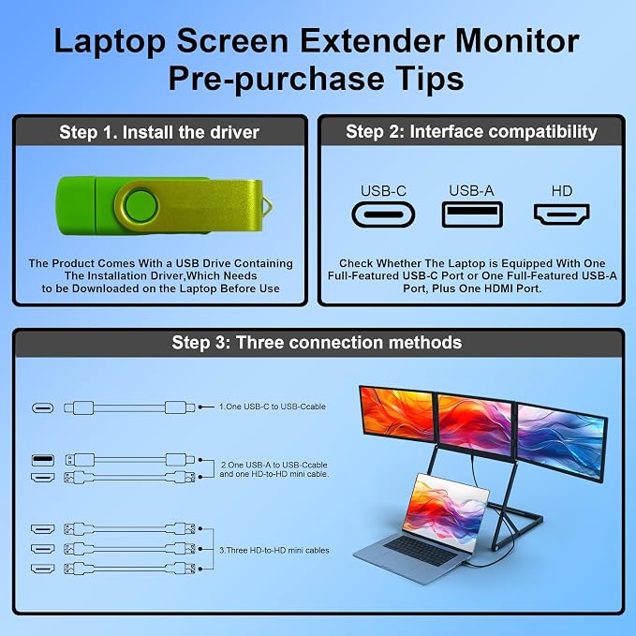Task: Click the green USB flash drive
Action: [162, 206]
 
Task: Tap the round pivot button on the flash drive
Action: [141, 206]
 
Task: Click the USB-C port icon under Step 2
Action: [383, 214]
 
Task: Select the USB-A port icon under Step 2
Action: [472, 214]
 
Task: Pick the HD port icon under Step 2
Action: [562, 214]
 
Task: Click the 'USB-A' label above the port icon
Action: [471, 191]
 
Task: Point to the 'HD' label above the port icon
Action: [562, 191]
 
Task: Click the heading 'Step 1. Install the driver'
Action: [159, 132]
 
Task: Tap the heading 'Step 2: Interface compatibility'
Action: [471, 132]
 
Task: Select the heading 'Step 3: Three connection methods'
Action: [317, 342]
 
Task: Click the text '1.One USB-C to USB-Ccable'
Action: [273, 407]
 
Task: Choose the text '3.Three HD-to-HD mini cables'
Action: [274, 551]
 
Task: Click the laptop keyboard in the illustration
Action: [421, 550]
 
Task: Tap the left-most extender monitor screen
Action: [397, 415]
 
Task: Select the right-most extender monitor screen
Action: [561, 441]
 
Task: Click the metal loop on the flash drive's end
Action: [268, 205]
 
